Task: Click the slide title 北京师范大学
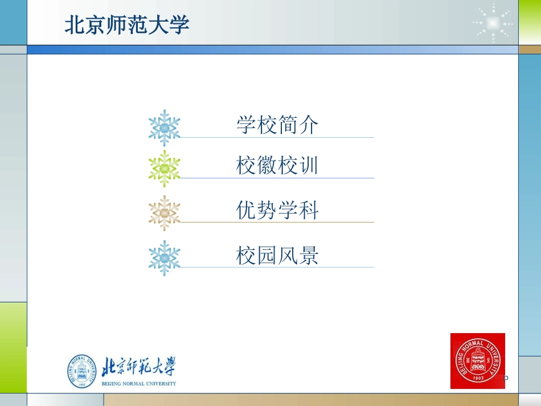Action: coord(126,25)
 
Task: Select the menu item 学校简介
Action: coord(277,125)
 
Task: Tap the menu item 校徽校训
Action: coord(277,166)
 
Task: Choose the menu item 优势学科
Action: coord(277,211)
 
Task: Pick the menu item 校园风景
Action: coord(277,256)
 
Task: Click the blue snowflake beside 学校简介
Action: coord(165,128)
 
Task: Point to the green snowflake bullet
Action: coord(165,169)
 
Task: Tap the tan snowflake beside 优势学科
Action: coord(165,213)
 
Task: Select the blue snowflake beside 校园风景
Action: coord(165,258)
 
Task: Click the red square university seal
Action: coord(477,360)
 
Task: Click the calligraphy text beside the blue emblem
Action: coord(138,367)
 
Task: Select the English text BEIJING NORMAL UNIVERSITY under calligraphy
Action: coord(138,384)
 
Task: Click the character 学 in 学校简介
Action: coord(246,125)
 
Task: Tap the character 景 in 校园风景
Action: coord(308,256)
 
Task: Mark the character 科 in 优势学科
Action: coord(308,211)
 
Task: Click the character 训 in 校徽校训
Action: coord(308,166)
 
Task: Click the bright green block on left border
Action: coord(13,325)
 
